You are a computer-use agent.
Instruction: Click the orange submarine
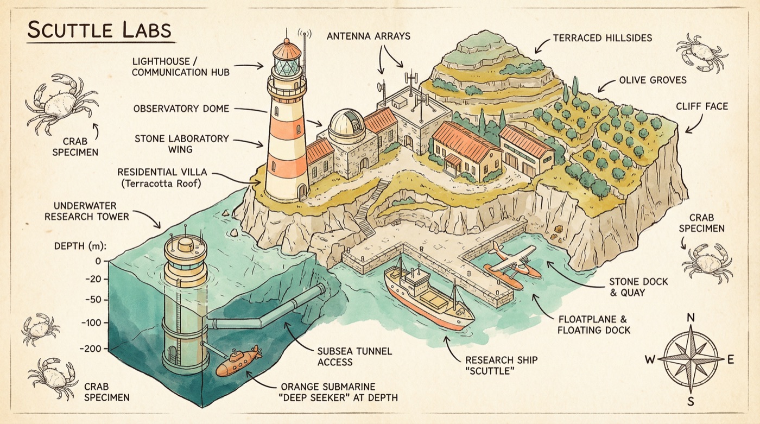tap(238, 362)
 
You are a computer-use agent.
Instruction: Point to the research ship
tap(427, 296)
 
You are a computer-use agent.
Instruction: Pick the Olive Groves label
tap(653, 80)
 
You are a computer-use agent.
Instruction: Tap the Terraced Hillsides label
tap(603, 39)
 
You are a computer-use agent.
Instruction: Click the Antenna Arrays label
tap(369, 37)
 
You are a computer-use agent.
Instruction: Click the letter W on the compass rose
tap(649, 359)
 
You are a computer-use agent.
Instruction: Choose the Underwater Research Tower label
tap(91, 211)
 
